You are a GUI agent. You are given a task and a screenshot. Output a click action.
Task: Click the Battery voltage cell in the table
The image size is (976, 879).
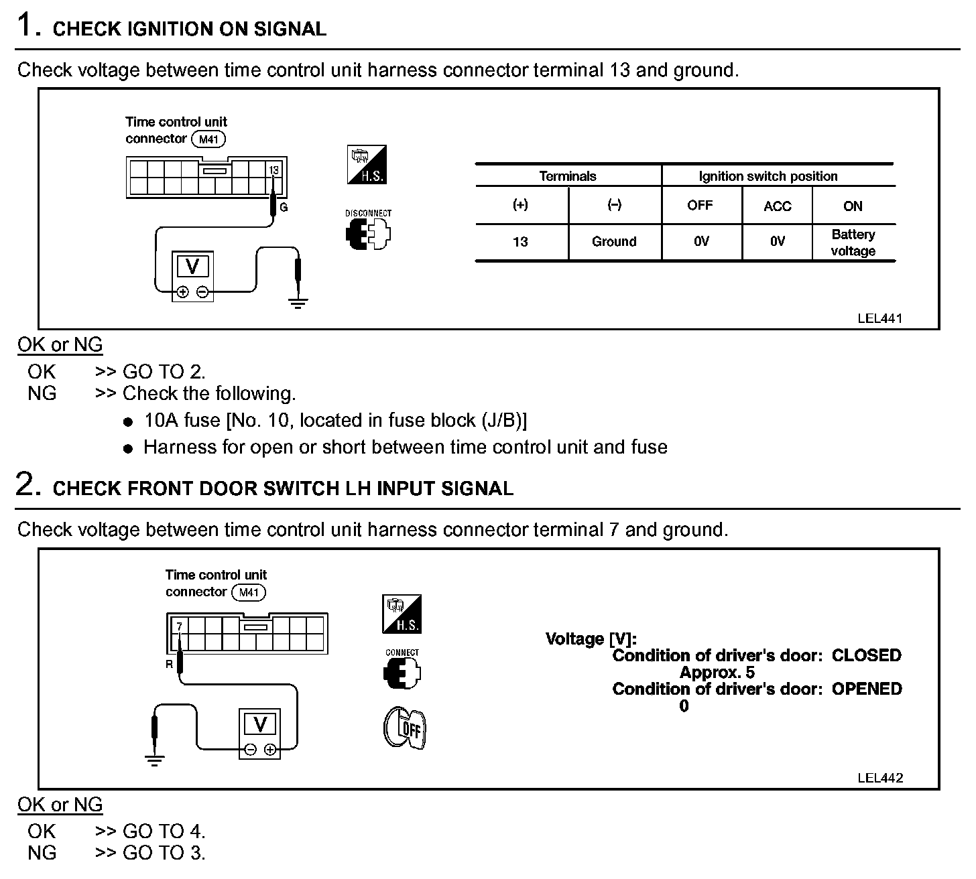[x=853, y=243]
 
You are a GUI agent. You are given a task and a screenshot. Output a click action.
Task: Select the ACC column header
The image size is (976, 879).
[x=777, y=206]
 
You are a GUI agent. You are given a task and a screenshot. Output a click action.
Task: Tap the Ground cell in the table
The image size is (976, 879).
[x=613, y=242]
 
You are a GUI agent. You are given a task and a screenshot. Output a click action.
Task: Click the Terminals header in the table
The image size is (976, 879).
[x=567, y=176]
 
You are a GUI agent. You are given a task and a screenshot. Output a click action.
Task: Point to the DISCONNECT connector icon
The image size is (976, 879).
[x=368, y=230]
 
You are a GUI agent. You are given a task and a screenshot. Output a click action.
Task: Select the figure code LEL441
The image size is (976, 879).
[x=879, y=318]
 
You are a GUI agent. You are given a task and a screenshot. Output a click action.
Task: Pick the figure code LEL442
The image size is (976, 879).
[x=879, y=778]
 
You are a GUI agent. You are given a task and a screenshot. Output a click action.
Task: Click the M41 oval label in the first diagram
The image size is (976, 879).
[x=208, y=139]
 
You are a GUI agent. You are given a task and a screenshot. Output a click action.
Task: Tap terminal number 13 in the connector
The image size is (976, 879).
[x=273, y=170]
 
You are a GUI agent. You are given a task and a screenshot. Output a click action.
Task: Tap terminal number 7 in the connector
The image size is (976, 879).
[x=179, y=627]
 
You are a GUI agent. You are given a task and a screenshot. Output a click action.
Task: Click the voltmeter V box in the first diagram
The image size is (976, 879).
[x=192, y=267]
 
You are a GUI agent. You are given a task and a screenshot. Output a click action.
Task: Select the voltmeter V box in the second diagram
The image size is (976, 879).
[x=260, y=726]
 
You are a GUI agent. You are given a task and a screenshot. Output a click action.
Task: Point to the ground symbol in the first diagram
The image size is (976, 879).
[x=298, y=303]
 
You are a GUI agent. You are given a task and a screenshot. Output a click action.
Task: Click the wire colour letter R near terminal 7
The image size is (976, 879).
[x=170, y=665]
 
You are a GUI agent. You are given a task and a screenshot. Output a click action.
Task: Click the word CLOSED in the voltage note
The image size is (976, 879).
[x=866, y=655]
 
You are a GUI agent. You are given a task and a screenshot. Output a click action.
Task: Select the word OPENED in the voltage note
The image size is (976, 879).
[x=866, y=689]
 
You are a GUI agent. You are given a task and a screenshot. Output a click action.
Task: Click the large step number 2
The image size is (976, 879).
[x=25, y=485]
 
